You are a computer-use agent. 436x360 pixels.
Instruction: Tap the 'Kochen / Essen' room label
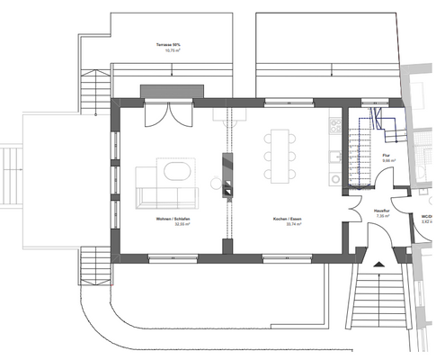[x=288, y=220]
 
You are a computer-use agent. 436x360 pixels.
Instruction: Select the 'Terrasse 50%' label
[x=170, y=44]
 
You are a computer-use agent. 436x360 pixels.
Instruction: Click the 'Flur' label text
[x=386, y=156]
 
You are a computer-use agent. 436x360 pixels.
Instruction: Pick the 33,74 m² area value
[x=288, y=226]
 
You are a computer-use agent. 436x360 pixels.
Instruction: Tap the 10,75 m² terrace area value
[x=170, y=51]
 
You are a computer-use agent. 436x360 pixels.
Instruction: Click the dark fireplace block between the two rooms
[x=228, y=175]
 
